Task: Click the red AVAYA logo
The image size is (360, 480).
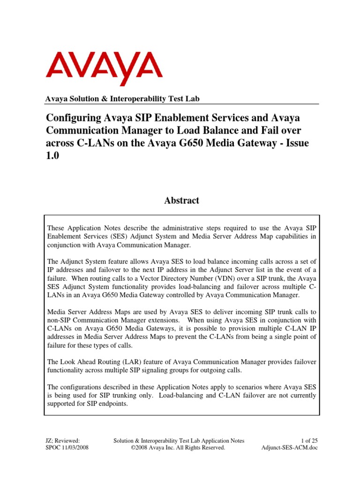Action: click(x=104, y=68)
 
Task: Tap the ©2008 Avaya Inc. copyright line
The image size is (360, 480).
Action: click(x=180, y=448)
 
